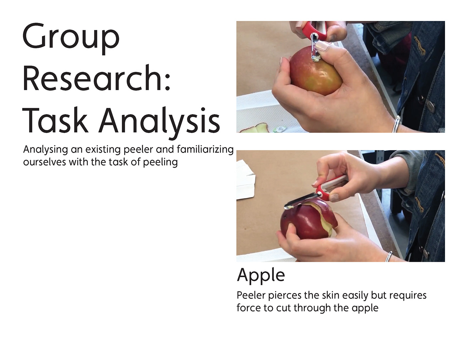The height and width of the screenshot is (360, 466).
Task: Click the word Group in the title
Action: coord(71,39)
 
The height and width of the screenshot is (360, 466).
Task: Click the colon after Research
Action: coord(167,82)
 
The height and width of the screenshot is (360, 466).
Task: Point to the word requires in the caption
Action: coord(408,296)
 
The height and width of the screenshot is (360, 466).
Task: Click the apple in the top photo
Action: coord(316,73)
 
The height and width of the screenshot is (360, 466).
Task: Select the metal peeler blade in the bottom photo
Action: coord(300,201)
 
